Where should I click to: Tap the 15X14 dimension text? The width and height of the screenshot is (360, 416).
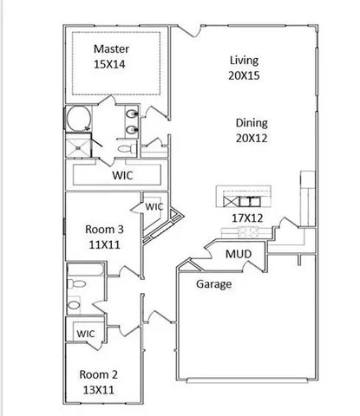tap(112, 64)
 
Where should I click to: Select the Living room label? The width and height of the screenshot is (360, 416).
tap(245, 60)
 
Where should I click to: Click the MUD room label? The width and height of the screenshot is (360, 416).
tap(239, 254)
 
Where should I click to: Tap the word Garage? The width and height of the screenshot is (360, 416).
tap(213, 284)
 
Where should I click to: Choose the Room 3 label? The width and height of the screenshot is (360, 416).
tap(104, 230)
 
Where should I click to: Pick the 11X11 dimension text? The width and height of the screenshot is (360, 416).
tap(104, 245)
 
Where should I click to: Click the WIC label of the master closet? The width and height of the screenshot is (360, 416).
tap(121, 175)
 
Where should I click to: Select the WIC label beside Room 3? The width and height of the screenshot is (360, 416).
tap(154, 207)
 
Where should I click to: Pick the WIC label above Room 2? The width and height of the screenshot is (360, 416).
tap(85, 334)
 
